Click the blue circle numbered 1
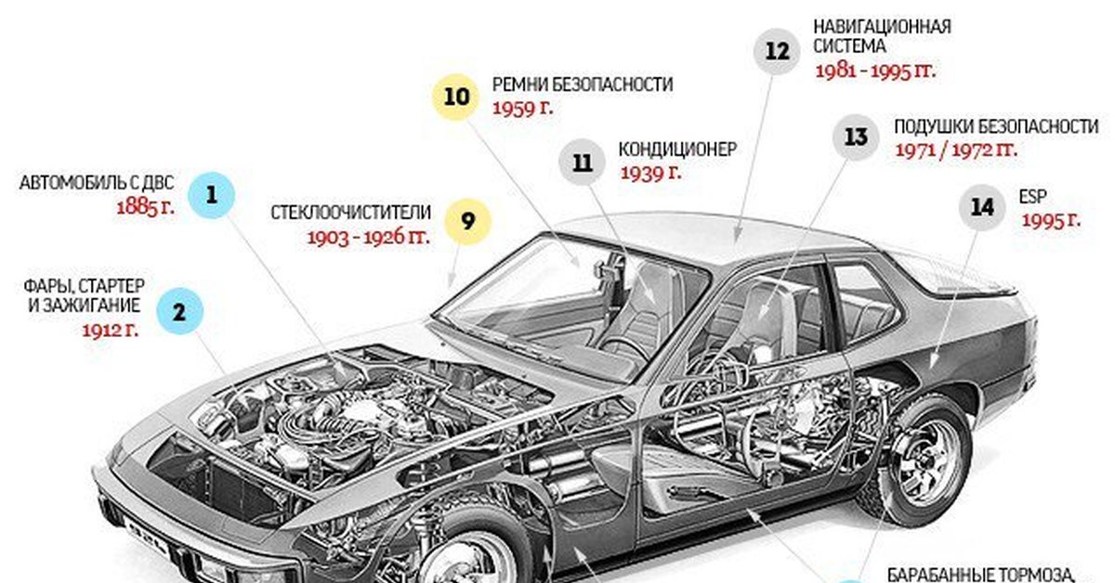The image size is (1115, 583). tap(212, 195)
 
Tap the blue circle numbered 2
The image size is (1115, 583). tap(179, 311)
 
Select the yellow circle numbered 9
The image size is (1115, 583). tap(467, 222)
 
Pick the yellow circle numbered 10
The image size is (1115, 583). tap(455, 97)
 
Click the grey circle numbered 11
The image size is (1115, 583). tap(582, 162)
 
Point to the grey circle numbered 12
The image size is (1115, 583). tap(777, 51)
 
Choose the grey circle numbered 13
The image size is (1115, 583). tap(856, 136)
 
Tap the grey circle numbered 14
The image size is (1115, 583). tap(983, 207)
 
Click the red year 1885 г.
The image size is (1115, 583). tap(146, 207)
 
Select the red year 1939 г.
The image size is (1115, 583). tap(651, 173)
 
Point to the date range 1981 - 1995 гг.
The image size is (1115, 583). tap(875, 71)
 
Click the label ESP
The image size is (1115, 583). tap(1033, 197)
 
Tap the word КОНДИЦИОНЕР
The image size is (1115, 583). tap(677, 149)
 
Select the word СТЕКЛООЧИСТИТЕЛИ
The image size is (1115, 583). tap(351, 213)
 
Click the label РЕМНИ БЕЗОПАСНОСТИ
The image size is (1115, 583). tap(583, 84)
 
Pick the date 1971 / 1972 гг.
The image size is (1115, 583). tap(956, 150)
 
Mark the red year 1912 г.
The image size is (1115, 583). tap(111, 330)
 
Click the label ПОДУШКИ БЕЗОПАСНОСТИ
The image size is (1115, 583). tap(996, 127)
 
